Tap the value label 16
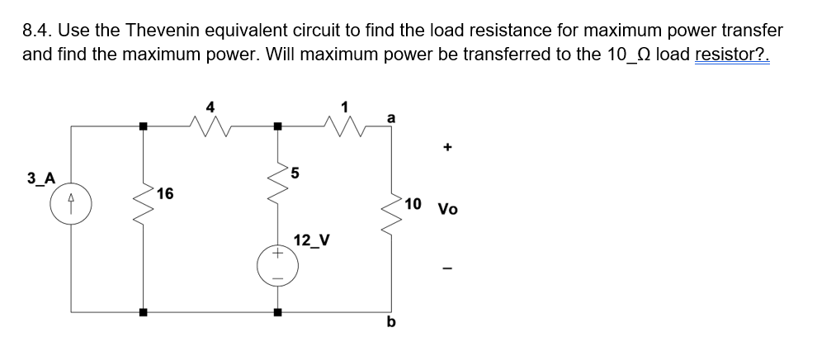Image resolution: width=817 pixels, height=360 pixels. coord(164,194)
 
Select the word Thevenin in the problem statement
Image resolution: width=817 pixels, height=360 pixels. coord(155,31)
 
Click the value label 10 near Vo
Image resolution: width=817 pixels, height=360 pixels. coord(413,204)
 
